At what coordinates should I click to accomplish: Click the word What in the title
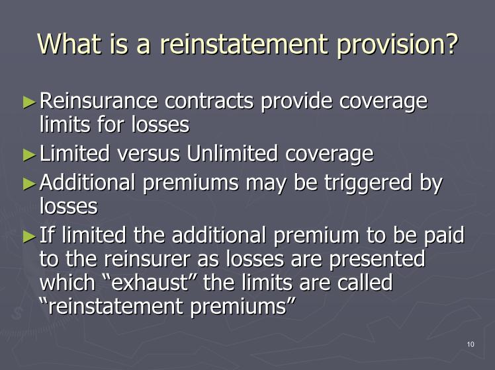(69, 44)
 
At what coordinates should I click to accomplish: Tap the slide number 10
(471, 344)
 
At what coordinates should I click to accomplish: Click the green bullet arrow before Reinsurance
(30, 102)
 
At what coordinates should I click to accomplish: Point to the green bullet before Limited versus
(30, 155)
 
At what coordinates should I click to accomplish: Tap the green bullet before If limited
(30, 237)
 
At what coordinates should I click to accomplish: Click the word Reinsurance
(99, 101)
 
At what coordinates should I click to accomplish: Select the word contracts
(209, 101)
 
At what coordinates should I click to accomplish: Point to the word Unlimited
(232, 153)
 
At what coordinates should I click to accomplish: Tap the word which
(67, 282)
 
